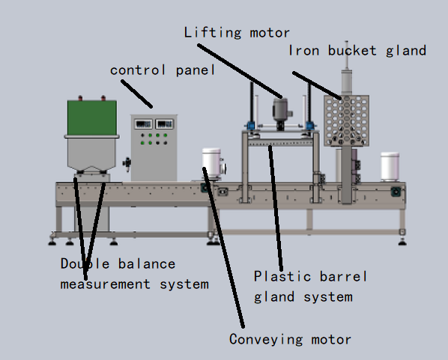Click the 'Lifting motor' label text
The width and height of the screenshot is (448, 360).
(x=237, y=33)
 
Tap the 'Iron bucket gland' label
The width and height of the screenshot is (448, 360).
(x=357, y=51)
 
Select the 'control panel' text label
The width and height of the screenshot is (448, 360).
(x=163, y=70)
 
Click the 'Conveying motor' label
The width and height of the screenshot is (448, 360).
(x=290, y=340)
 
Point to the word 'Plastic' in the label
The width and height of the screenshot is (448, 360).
(x=282, y=276)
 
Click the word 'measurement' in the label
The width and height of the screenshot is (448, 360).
(x=105, y=284)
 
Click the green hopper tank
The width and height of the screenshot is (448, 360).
(x=92, y=118)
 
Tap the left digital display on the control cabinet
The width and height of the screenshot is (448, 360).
(x=143, y=124)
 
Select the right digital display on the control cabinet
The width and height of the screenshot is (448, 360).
(x=165, y=124)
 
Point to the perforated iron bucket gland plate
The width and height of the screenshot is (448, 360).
(x=346, y=120)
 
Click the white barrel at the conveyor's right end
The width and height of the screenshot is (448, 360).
(x=390, y=167)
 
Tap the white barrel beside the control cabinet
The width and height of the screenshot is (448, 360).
(x=212, y=163)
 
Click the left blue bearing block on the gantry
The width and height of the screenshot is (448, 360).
(x=251, y=125)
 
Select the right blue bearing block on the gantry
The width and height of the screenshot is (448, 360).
(x=309, y=125)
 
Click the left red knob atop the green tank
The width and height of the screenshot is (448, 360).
(x=80, y=98)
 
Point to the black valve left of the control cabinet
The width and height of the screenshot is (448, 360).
(x=127, y=164)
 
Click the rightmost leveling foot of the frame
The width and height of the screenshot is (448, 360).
(x=402, y=242)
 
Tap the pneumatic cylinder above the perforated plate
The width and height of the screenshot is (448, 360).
(x=347, y=82)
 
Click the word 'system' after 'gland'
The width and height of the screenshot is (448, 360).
(x=328, y=297)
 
